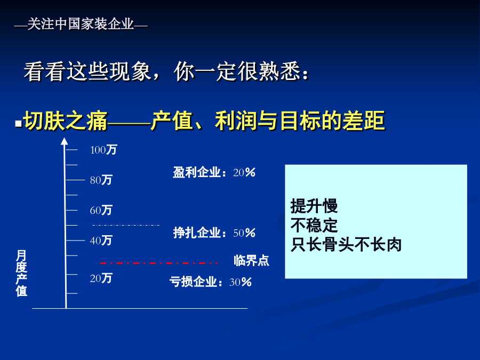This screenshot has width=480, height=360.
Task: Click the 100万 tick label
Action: tap(103, 150)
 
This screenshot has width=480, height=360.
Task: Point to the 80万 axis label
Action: tap(101, 180)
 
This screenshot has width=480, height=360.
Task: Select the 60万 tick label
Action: tap(101, 210)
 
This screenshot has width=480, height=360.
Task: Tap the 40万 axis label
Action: tap(101, 241)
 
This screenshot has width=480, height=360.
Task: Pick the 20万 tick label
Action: tap(101, 278)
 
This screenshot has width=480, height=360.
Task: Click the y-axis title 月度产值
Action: tap(21, 273)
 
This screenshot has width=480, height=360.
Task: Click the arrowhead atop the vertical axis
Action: tap(65, 141)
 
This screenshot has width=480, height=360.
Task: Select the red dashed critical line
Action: tap(158, 263)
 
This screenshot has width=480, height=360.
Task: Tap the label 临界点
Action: tap(251, 260)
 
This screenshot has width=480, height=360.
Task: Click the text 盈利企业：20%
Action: tap(214, 172)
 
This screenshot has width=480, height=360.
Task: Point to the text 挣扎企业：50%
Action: tap(214, 233)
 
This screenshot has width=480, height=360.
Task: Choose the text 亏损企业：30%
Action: tap(211, 282)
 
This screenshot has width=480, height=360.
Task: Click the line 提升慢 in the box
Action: tap(314, 206)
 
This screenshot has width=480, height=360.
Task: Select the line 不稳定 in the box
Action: tap(314, 225)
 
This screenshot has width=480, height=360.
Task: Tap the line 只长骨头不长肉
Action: tap(346, 245)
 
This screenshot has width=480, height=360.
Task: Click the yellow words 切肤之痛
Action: tap(66, 121)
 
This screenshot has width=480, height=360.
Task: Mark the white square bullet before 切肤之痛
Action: tap(19, 123)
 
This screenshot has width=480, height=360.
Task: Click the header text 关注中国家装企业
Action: tap(81, 24)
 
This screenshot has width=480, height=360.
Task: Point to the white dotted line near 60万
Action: tap(126, 225)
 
